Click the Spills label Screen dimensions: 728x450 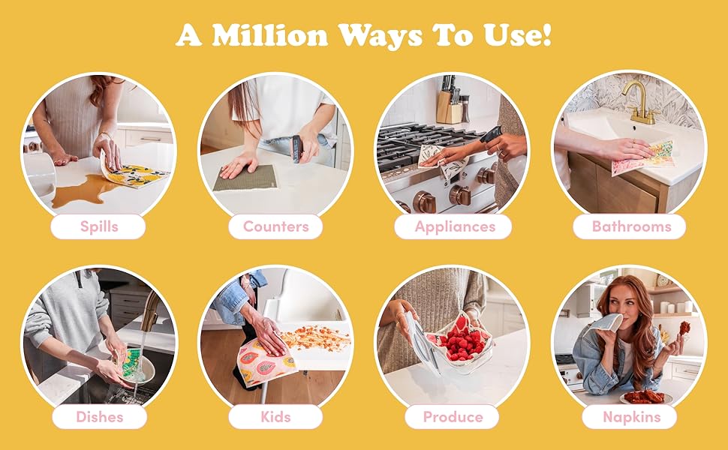98,226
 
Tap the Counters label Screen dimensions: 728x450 275,226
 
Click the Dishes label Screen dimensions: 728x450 99,417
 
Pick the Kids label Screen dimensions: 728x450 275,417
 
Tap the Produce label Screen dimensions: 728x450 453,417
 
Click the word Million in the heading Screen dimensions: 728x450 269,34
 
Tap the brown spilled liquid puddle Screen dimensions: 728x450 83,190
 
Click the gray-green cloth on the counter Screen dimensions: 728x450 245,178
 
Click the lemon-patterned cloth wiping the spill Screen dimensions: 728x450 132,172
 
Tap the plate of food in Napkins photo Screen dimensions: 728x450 646,397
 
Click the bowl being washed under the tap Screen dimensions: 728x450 137,369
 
